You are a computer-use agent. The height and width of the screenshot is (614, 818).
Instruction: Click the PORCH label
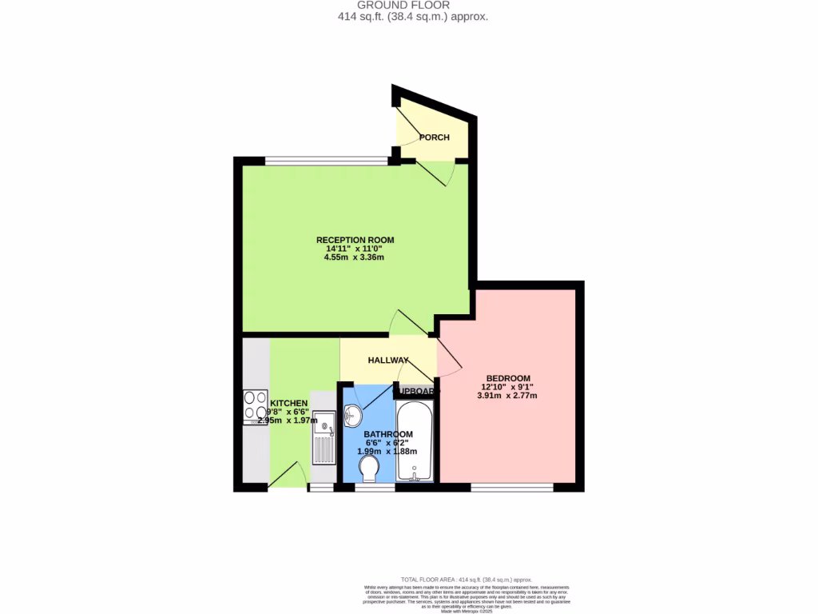435,138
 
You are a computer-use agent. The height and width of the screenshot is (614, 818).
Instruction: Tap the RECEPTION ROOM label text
355,240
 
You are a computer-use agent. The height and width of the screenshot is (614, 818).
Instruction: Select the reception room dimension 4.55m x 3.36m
355,257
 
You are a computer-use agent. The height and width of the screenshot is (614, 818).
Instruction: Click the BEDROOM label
509,378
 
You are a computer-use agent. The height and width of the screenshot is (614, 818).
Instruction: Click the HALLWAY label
388,361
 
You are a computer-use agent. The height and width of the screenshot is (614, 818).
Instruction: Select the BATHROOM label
388,434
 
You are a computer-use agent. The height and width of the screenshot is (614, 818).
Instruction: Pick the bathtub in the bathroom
415,441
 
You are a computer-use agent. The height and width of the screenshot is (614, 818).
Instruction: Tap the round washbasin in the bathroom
353,416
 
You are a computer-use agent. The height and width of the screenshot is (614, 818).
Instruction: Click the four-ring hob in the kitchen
256,406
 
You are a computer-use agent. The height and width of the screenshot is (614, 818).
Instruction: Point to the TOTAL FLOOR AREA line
466,579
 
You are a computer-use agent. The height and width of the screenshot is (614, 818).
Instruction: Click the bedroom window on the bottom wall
511,487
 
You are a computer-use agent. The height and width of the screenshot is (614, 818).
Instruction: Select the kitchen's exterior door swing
288,474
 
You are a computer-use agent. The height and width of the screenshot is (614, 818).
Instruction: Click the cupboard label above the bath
415,391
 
